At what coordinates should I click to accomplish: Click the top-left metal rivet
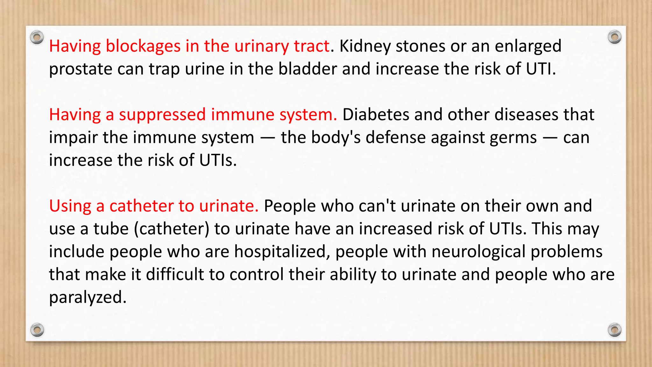tap(37, 38)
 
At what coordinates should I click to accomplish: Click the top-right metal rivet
tap(614, 37)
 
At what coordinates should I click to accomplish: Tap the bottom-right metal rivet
tap(614, 330)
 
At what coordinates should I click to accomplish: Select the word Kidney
tap(365, 47)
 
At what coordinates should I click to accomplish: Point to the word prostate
tap(81, 69)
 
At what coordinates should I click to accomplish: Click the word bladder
tap(308, 69)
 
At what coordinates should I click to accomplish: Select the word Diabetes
tap(376, 115)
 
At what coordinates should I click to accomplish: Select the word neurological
tap(478, 252)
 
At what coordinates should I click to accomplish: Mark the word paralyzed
tap(88, 298)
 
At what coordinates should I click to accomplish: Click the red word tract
tap(311, 47)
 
